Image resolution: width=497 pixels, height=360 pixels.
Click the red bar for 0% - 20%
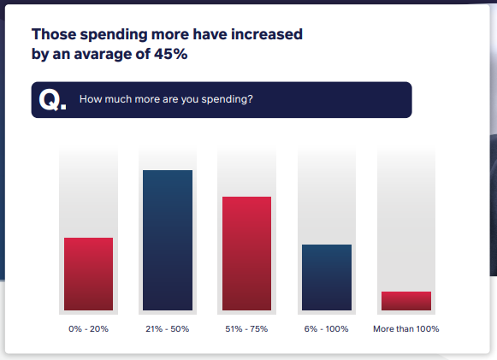88,274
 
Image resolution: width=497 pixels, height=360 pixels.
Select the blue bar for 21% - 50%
168,239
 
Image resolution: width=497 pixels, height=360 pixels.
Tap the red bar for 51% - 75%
246,253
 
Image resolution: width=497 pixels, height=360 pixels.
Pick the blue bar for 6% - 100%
327,277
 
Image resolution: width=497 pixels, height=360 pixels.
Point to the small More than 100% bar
405,300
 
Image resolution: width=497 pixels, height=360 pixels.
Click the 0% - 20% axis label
88,329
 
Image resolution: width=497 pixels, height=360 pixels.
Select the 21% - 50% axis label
168,329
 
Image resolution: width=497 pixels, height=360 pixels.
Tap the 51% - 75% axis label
246,329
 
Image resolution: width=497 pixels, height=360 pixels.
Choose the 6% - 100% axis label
327,329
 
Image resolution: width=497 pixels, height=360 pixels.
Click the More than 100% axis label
405,329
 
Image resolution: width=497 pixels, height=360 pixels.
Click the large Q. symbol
52,100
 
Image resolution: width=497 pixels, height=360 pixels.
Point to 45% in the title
169,54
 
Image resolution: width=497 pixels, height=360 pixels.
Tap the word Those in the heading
53,35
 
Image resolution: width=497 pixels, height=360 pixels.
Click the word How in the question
90,99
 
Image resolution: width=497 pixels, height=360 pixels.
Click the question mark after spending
250,99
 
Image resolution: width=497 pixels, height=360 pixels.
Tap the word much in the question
117,99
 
